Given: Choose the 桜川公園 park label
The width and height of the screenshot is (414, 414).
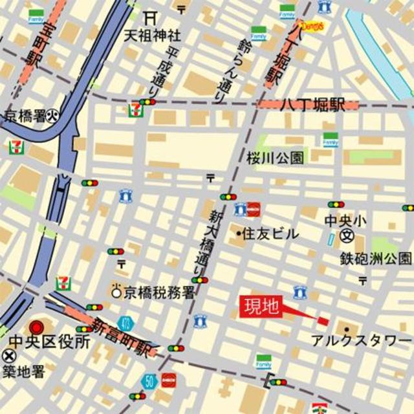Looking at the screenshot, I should click(275, 157).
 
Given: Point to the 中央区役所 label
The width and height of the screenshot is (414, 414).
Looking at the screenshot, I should click(49, 343).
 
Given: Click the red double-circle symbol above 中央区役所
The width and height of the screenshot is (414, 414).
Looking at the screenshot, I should click(37, 327).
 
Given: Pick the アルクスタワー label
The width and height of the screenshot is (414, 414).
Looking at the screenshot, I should click(360, 341).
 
